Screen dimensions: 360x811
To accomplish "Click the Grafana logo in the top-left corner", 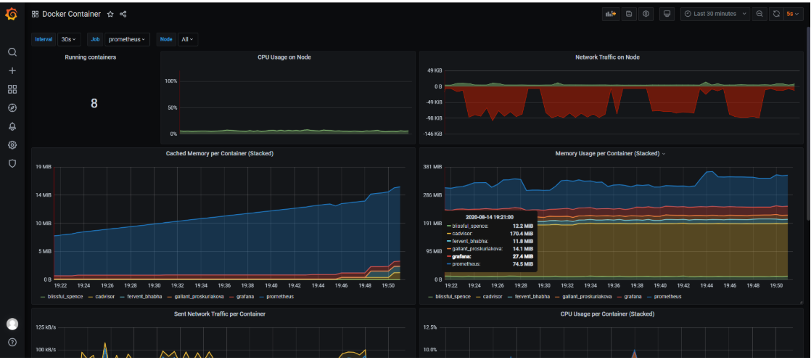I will tap(12, 14).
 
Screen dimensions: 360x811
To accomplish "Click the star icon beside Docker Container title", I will tap(110, 14).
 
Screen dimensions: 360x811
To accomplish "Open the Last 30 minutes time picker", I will tap(715, 14).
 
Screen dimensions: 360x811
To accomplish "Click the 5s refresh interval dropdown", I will tap(794, 14).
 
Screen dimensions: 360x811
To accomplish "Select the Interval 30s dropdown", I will tap(70, 39).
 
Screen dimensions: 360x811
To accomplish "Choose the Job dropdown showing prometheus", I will tap(127, 39).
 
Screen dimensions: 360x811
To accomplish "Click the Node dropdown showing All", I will tap(189, 39).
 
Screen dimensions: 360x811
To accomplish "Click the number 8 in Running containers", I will tap(94, 103).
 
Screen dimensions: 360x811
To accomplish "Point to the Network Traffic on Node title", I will tap(607, 57).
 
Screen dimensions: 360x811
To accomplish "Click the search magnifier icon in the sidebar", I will tap(12, 52).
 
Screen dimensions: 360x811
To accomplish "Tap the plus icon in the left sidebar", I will tap(12, 71).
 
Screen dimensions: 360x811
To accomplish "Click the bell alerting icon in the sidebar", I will tap(12, 126).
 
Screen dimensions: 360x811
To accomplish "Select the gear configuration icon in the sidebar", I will tap(12, 145).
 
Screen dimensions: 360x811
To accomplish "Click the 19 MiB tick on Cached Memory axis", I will tap(44, 167).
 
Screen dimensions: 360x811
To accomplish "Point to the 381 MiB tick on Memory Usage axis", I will tap(432, 167).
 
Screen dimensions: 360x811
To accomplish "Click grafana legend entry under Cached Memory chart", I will tap(244, 297).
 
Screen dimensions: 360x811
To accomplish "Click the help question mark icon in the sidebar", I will tap(12, 342).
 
